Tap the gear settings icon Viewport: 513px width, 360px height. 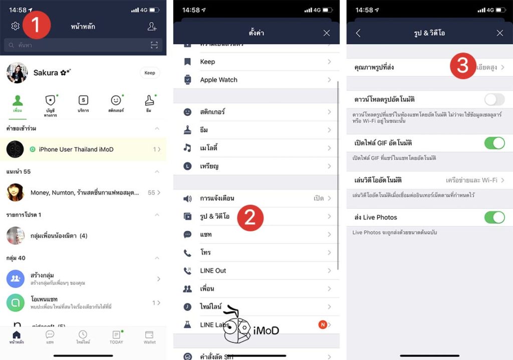(15, 26)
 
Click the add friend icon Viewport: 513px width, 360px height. (152, 27)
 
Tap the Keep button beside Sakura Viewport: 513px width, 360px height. (150, 73)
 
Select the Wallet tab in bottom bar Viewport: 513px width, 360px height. (149, 337)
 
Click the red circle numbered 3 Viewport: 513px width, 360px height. (462, 66)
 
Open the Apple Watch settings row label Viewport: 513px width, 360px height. (218, 80)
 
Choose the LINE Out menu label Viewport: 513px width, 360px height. (213, 270)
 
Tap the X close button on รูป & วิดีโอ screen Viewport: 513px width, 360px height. (499, 33)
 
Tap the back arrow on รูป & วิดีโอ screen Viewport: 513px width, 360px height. (358, 33)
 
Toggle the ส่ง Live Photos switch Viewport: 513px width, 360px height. (494, 217)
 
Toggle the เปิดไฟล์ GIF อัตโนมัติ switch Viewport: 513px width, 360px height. (494, 143)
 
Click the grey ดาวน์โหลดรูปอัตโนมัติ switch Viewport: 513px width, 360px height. (494, 99)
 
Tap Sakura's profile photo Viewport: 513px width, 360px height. (17, 73)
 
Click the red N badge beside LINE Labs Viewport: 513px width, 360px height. (323, 324)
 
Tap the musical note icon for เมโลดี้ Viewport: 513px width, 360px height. (187, 148)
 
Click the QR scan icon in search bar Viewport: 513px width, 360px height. (154, 46)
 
